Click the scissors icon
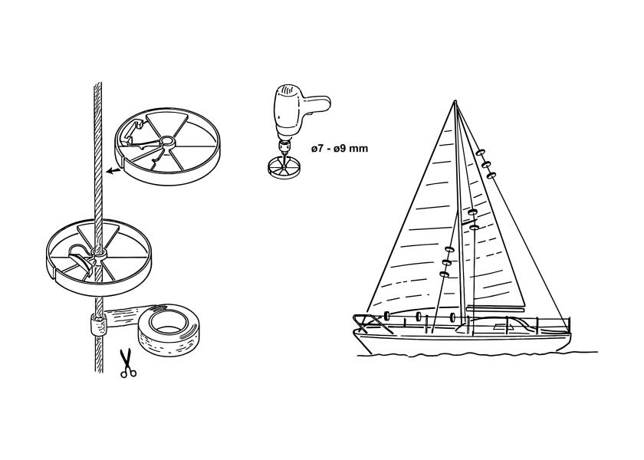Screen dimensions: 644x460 tap(128, 363)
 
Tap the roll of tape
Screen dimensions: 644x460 tap(169, 332)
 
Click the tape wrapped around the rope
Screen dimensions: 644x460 tap(98, 324)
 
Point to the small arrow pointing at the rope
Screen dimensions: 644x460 tap(113, 170)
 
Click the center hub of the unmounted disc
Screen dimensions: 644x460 tap(168, 142)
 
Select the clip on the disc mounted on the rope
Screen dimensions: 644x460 tap(80, 259)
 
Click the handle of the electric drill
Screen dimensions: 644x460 tap(316, 103)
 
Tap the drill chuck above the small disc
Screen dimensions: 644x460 tap(284, 146)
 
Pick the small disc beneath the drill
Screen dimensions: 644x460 tap(284, 169)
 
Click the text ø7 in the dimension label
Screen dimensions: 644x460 tap(319, 149)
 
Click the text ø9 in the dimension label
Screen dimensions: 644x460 tap(341, 149)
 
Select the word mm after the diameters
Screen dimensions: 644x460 tap(360, 149)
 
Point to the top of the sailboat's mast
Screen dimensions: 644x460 tap(455, 100)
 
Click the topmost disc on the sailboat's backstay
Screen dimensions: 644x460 tap(479, 153)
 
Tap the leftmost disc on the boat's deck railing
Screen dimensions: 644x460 tap(386, 315)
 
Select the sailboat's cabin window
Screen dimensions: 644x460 tap(500, 327)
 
